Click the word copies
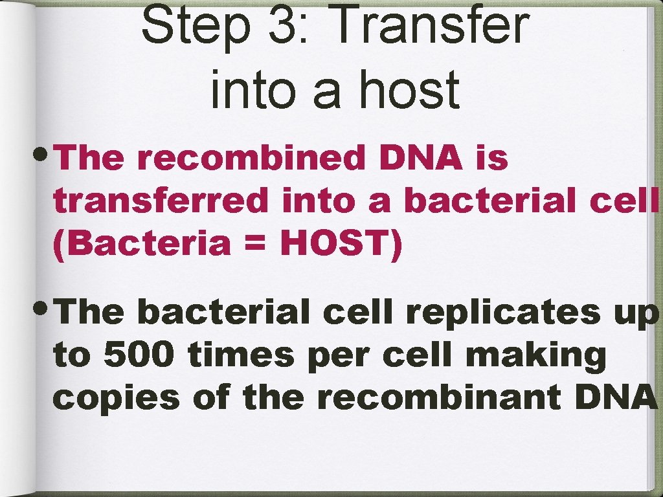pyautogui.click(x=117, y=398)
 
